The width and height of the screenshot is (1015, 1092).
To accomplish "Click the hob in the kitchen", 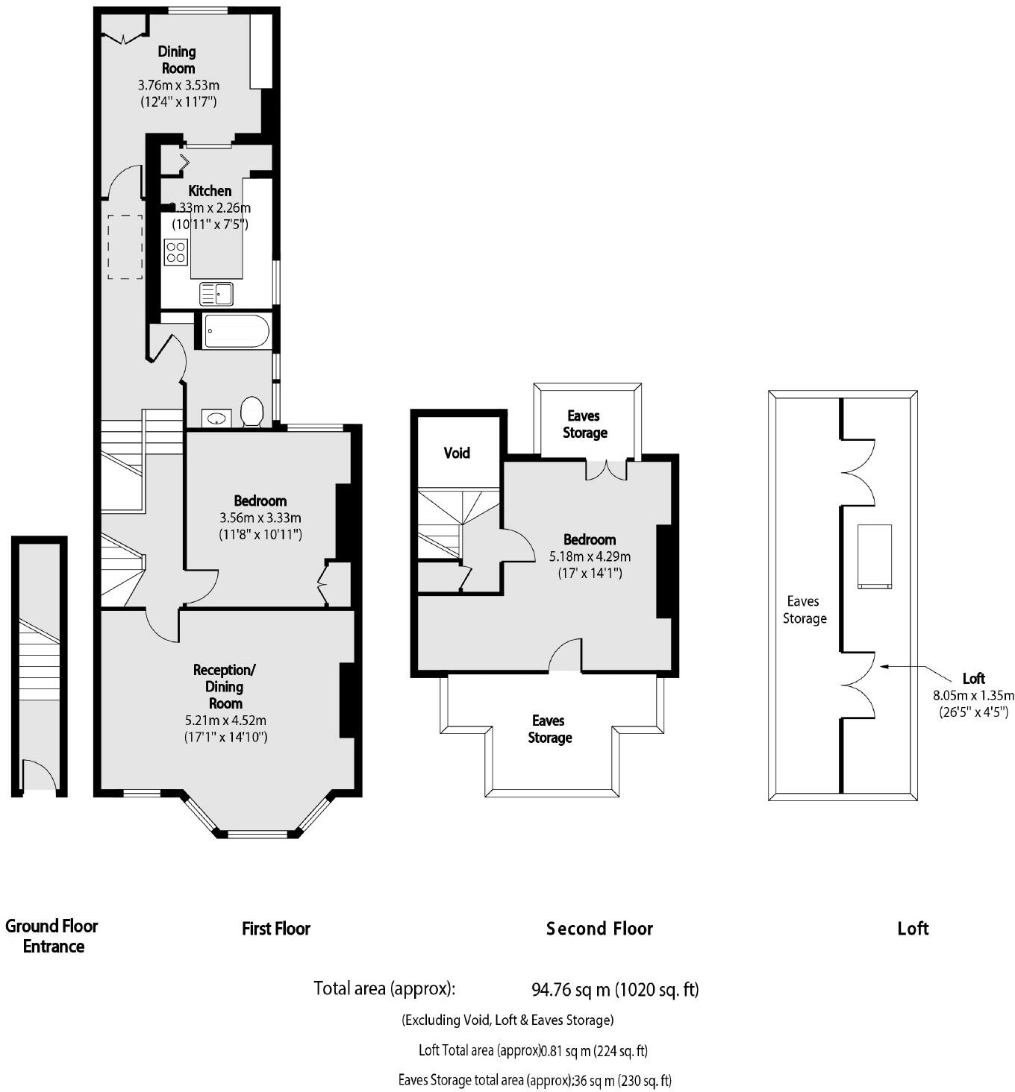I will pos(176,252).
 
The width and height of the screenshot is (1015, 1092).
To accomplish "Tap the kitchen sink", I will pos(216,294).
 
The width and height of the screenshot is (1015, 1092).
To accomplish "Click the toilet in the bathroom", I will pos(252,412).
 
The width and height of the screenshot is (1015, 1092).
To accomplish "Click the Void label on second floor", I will pos(457,453).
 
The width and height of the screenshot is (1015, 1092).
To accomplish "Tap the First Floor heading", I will pos(275,929).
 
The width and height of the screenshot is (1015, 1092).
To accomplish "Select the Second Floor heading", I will pos(599,929).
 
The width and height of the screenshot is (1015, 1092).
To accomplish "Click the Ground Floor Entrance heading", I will pos(52,936).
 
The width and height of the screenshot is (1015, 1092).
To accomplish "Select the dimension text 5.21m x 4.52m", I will pos(225,721).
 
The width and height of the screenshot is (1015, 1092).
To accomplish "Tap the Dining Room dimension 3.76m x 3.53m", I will pos(178,85).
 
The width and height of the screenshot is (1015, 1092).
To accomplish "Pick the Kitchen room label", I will pos(210,191).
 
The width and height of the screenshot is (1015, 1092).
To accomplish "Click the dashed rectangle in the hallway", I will pos(125,247).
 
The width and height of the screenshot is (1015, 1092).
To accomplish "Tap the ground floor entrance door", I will pos(38,777).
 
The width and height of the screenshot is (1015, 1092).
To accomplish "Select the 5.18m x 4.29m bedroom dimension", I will pos(590,556).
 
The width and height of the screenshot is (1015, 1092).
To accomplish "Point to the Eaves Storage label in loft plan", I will pos(804,609).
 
